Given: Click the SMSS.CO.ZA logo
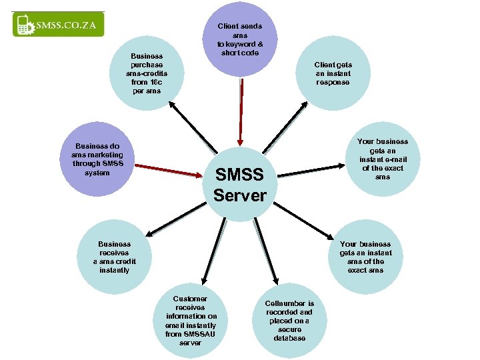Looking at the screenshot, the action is tap(59, 25).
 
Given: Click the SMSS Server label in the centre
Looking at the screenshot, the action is tap(239, 185).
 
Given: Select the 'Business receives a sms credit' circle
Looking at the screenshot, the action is tap(114, 257).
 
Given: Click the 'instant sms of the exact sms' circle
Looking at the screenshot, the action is tap(365, 257).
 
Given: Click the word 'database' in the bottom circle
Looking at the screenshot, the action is tap(289, 339).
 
